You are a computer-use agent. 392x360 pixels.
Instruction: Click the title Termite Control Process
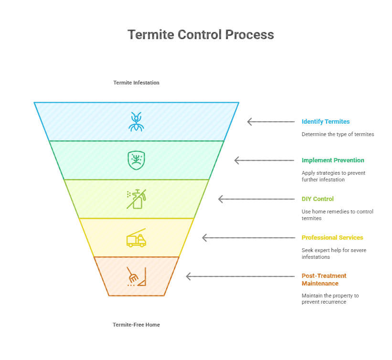(201, 35)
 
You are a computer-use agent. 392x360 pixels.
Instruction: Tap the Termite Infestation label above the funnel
(136, 83)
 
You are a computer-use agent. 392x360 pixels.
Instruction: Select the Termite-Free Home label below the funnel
(136, 325)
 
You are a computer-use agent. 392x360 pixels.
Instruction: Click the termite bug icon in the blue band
(136, 121)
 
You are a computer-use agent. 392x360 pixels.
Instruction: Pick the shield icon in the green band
(136, 160)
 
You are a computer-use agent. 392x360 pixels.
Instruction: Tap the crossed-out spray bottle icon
(136, 199)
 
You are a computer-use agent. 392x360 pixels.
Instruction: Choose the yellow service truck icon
(136, 238)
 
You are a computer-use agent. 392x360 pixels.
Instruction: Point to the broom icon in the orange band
(136, 276)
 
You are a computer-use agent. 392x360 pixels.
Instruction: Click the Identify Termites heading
(326, 122)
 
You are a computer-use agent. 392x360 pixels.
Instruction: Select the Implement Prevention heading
(333, 160)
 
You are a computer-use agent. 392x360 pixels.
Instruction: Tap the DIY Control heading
(318, 199)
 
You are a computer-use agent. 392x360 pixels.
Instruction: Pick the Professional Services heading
(332, 238)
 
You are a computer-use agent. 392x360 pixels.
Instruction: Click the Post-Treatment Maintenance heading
(324, 280)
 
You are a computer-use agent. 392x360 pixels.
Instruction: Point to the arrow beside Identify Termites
(271, 122)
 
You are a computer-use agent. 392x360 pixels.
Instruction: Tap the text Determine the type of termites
(338, 134)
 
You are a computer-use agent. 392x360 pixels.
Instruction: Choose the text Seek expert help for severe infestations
(334, 254)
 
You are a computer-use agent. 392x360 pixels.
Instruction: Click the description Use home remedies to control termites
(337, 215)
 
